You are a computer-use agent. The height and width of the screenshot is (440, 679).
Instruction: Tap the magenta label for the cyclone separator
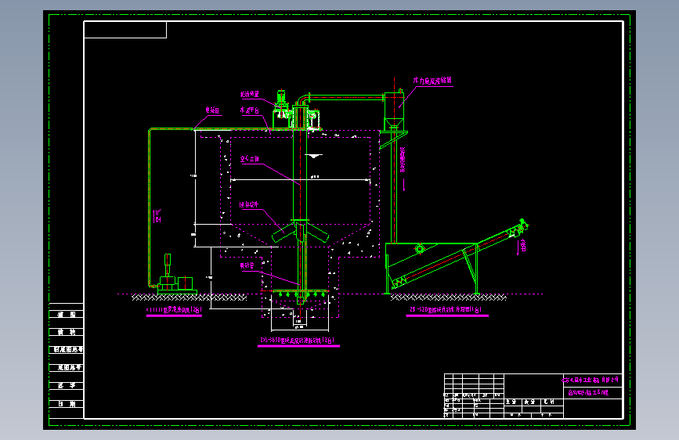tap(432, 80)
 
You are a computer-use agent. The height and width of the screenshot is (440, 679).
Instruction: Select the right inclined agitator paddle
tap(315, 233)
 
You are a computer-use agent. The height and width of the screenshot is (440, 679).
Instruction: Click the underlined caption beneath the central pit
tap(298, 341)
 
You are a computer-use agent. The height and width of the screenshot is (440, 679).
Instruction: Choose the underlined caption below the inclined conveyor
tap(447, 311)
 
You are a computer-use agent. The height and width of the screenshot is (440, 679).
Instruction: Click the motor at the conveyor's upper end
tap(515, 229)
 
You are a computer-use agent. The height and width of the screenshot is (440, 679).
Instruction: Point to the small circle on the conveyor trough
tap(420, 249)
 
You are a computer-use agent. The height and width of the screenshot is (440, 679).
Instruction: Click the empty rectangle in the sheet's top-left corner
tap(125, 30)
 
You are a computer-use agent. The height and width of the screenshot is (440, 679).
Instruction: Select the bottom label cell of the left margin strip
tap(66, 405)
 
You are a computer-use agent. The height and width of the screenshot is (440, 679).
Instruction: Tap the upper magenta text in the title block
tap(593, 380)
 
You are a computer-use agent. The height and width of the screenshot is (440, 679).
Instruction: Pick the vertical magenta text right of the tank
tap(403, 160)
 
